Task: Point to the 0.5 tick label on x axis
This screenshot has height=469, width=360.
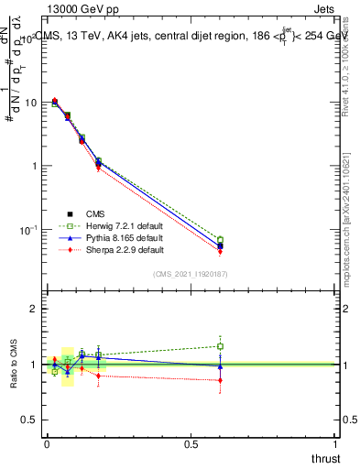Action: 191,443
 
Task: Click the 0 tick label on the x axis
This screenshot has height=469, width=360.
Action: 47,443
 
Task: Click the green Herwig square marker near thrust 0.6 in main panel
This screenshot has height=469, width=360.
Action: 220,240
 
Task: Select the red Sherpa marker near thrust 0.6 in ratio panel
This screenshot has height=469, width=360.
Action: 220,380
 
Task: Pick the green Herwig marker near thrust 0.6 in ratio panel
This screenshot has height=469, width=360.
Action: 220,346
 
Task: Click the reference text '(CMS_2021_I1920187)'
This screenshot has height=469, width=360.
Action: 191,274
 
